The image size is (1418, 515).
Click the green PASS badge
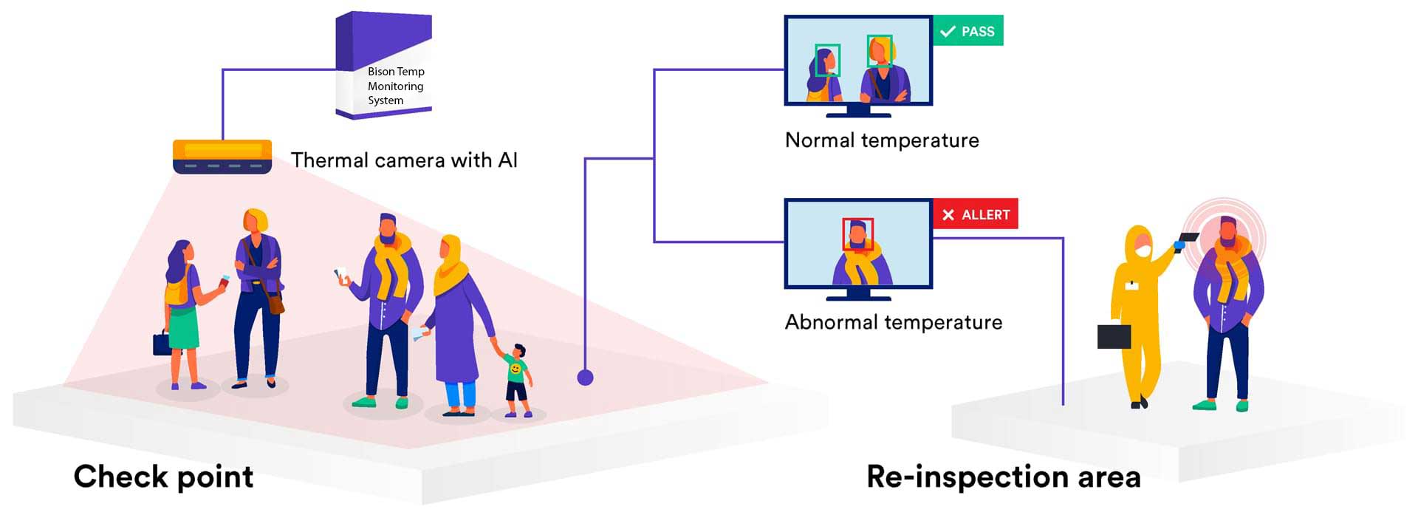point(968,31)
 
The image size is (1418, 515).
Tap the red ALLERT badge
point(976,214)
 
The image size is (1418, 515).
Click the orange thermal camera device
point(222,157)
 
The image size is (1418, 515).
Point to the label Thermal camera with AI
point(404,160)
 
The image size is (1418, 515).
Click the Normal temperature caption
point(882,140)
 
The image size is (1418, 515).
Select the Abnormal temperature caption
point(894,322)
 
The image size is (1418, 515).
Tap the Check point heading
point(163,477)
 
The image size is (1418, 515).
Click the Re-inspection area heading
point(1004,477)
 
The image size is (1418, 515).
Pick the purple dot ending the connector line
point(585,378)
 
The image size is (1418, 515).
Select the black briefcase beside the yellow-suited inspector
point(1114,336)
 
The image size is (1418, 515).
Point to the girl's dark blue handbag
point(162,344)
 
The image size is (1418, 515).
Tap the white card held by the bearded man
point(341,273)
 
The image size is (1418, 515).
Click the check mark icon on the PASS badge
point(948,32)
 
